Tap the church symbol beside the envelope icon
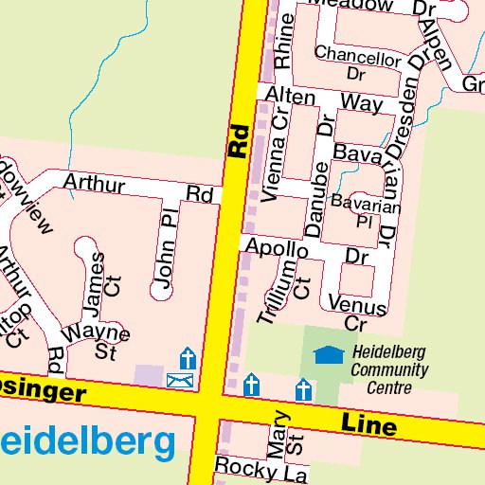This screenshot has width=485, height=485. click(x=188, y=359)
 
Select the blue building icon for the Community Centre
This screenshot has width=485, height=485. click(x=329, y=355)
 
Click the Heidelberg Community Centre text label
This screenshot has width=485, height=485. click(x=387, y=369)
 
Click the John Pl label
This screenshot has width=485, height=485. click(x=168, y=248)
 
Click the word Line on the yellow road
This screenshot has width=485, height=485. click(x=368, y=424)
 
